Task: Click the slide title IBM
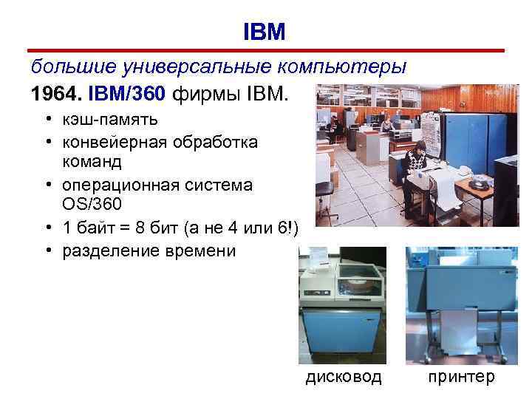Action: point(264,31)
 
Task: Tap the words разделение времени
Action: point(149,250)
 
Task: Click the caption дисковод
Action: point(344,377)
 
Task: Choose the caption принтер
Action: point(460,377)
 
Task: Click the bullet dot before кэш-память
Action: point(47,120)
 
